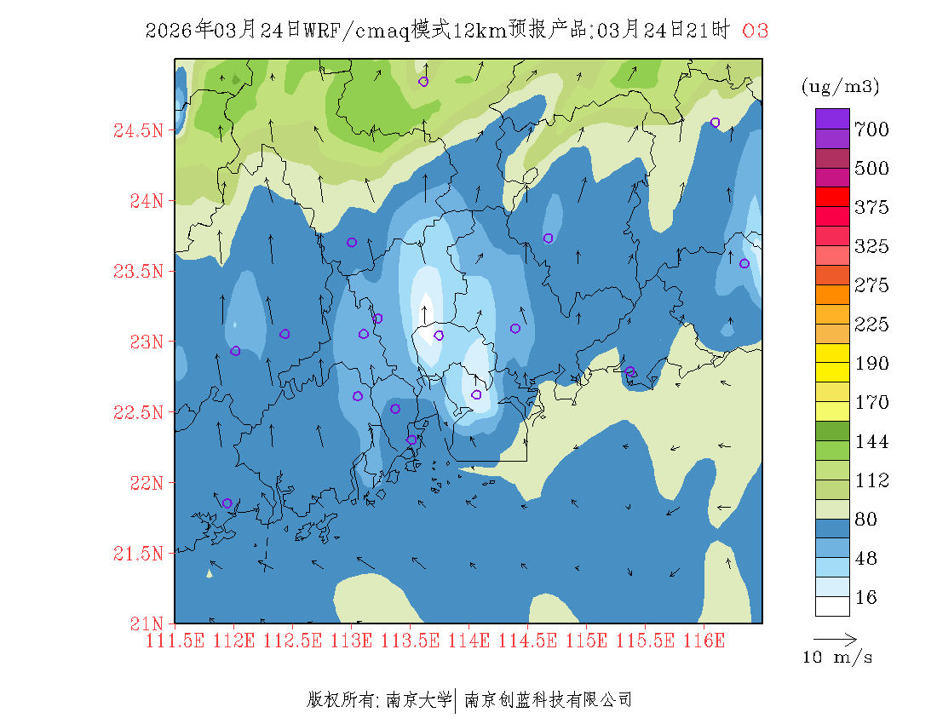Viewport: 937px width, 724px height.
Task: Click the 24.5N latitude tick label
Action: point(137,131)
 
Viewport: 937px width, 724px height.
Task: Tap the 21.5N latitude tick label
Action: point(137,554)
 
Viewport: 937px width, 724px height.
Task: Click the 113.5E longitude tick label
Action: point(410,640)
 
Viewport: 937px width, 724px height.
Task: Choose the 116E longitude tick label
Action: point(704,640)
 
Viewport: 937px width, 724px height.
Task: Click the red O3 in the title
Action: point(756,31)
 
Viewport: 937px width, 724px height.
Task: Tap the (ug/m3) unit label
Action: point(840,87)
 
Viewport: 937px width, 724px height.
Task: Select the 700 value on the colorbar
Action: point(871,129)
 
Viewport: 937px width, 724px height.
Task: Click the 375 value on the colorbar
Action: point(871,208)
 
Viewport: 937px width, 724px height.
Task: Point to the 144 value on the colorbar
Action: point(871,442)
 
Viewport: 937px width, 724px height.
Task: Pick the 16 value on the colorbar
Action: point(865,598)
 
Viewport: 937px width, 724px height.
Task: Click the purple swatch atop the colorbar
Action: point(832,118)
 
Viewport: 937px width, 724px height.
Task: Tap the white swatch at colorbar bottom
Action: point(832,606)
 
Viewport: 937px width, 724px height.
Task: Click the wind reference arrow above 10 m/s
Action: point(835,638)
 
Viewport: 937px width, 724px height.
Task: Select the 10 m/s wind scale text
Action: point(838,658)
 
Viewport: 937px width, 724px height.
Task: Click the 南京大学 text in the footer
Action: point(418,700)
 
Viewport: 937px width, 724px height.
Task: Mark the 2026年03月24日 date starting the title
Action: point(222,31)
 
